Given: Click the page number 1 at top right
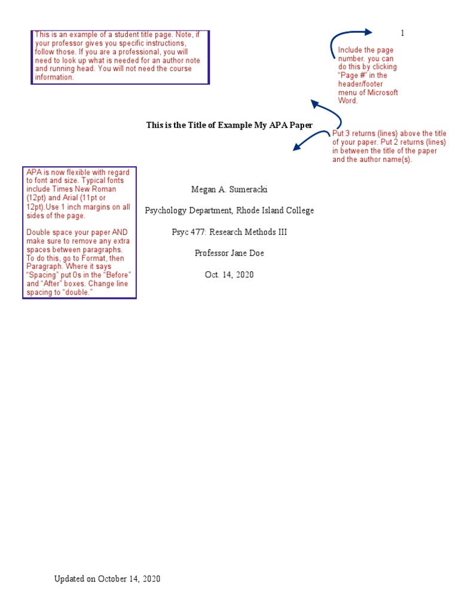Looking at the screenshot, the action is click(x=402, y=33).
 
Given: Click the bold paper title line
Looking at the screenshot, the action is click(x=229, y=125).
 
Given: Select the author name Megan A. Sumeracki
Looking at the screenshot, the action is click(x=229, y=189).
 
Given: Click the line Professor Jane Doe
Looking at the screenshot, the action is click(x=229, y=253).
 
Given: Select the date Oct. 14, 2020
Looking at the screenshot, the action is click(x=229, y=274).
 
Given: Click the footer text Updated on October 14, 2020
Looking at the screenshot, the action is click(x=108, y=579).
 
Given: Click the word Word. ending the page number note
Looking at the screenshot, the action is click(x=348, y=101).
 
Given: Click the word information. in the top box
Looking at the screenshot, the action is click(x=54, y=77).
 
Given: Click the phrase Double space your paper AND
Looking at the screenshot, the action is click(x=76, y=232).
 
